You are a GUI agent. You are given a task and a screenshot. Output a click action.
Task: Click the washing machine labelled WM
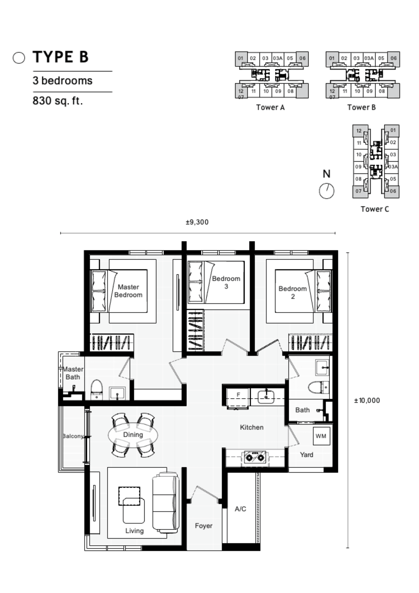pyautogui.click(x=321, y=436)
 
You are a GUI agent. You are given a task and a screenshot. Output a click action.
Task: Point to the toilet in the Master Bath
pyautogui.click(x=97, y=389)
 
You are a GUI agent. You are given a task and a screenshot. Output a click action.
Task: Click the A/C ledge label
pyautogui.click(x=240, y=509)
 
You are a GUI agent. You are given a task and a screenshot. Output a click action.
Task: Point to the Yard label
pyautogui.click(x=306, y=455)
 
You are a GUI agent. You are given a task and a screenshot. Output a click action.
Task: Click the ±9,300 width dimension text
pyautogui.click(x=197, y=222)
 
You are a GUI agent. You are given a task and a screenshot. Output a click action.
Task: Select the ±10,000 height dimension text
pyautogui.click(x=367, y=400)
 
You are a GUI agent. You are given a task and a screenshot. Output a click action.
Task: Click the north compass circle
pyautogui.click(x=327, y=191)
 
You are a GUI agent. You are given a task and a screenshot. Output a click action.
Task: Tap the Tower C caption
pyautogui.click(x=375, y=209)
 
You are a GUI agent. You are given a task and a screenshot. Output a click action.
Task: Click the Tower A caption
pyautogui.click(x=270, y=107)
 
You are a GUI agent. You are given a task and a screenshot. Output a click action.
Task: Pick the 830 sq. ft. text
pyautogui.click(x=58, y=101)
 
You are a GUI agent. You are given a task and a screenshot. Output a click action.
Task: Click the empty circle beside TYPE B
pyautogui.click(x=19, y=58)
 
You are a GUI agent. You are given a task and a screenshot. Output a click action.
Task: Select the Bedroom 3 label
pyautogui.click(x=226, y=282)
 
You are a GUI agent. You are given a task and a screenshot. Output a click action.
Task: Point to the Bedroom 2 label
pyautogui.click(x=293, y=292)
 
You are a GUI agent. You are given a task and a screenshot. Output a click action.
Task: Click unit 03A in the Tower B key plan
pyautogui.click(x=369, y=58)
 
